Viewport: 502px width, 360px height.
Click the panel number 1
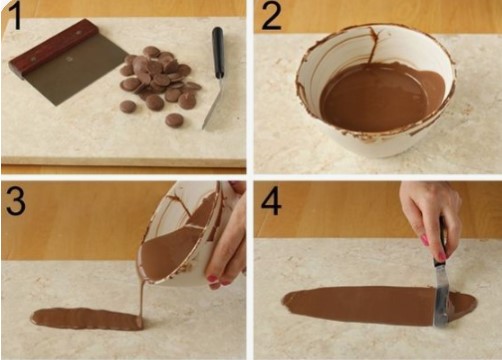[15, 17]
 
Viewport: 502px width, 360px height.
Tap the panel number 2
[271, 17]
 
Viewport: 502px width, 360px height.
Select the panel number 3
[15, 202]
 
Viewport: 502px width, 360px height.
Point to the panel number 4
[271, 202]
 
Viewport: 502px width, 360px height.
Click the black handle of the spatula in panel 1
[218, 53]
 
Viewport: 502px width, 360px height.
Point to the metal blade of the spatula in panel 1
[213, 103]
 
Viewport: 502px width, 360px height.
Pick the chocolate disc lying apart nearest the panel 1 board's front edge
[174, 120]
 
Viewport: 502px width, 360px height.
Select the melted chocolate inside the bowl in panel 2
[380, 97]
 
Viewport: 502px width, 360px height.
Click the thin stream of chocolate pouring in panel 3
[141, 298]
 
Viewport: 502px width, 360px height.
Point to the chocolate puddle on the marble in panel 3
[87, 319]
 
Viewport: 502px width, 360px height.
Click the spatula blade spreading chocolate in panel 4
[441, 297]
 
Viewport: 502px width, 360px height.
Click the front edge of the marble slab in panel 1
[123, 162]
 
